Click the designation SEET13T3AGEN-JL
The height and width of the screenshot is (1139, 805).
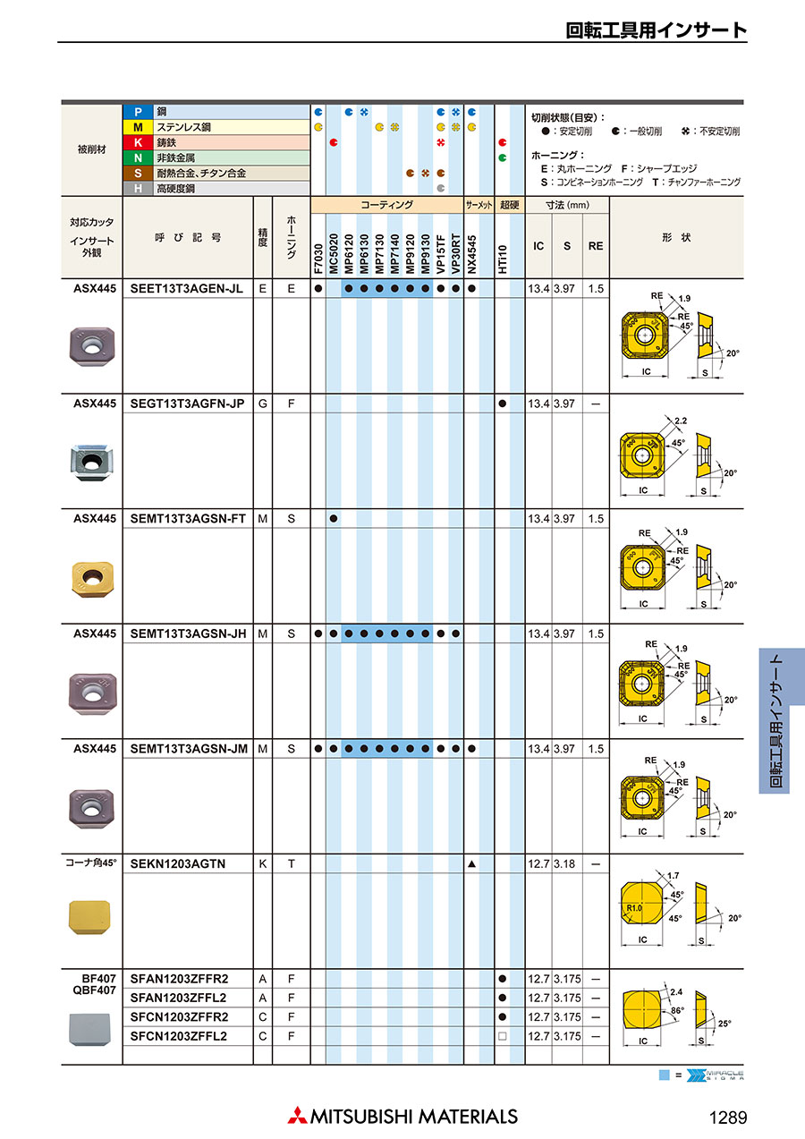(186, 289)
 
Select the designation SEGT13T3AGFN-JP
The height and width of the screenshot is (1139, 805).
(187, 404)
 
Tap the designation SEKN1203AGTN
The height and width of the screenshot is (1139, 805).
(178, 863)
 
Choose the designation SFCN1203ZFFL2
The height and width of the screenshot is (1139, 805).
(179, 1036)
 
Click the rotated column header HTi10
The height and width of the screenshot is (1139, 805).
(503, 259)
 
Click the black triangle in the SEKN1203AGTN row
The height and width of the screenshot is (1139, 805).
(471, 863)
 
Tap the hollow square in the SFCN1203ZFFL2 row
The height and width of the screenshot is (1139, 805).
(503, 1036)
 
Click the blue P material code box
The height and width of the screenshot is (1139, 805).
(138, 112)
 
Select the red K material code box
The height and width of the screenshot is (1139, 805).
(138, 143)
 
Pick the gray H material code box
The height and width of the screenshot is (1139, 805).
(138, 189)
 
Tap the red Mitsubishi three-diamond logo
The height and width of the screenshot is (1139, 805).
(296, 1116)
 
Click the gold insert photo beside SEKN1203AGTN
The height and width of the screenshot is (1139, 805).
(89, 916)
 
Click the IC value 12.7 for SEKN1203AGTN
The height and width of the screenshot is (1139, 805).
(538, 863)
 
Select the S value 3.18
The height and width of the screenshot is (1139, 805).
(565, 863)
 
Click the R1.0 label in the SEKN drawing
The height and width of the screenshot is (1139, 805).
(634, 908)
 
